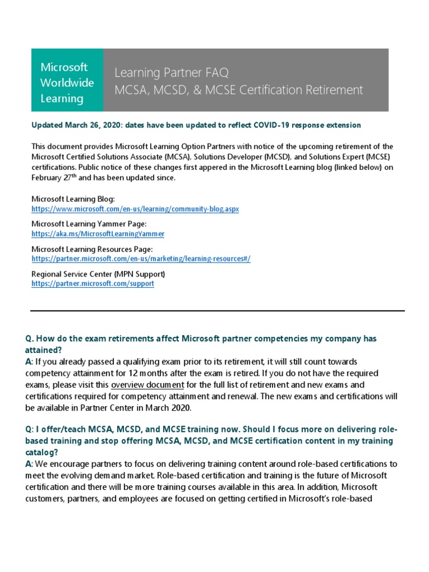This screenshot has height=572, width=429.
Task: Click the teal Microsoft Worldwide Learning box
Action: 67,80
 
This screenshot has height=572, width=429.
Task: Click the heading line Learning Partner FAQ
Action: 171,73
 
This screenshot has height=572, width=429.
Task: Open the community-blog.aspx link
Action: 135,209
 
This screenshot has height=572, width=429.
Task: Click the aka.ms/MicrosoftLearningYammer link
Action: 98,234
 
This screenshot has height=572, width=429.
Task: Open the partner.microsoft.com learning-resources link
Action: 141,259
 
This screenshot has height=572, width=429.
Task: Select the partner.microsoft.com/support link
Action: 93,284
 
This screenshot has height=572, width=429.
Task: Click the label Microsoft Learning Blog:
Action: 73,199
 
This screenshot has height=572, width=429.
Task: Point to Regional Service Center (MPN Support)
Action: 98,274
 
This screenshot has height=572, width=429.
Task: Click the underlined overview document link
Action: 147,385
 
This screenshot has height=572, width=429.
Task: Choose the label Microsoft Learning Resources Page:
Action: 92,249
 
